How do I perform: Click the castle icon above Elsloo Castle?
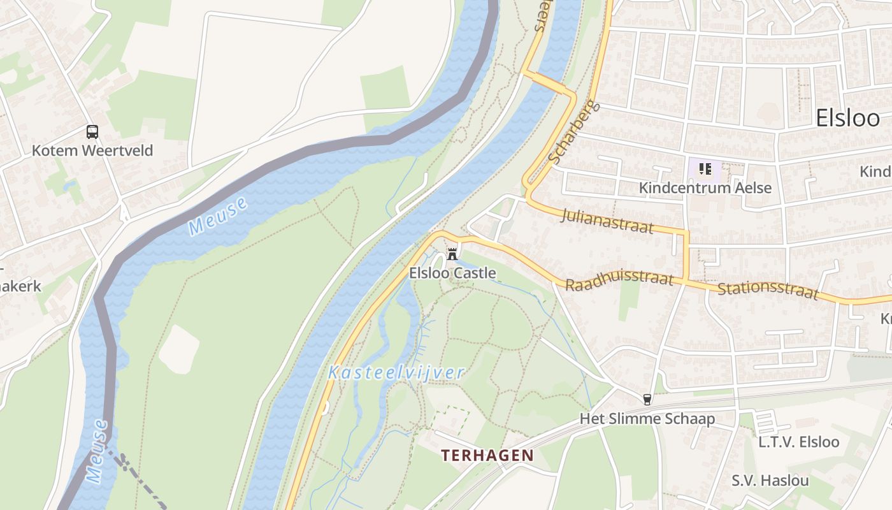pyautogui.click(x=452, y=253)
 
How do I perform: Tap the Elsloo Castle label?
pyautogui.click(x=452, y=273)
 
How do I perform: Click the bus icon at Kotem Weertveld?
pyautogui.click(x=92, y=132)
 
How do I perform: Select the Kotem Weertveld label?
pyautogui.click(x=92, y=151)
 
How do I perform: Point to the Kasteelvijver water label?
pyautogui.click(x=396, y=373)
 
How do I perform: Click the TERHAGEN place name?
pyautogui.click(x=487, y=455)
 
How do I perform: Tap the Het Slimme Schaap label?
pyautogui.click(x=647, y=419)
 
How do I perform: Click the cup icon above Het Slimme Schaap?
pyautogui.click(x=647, y=400)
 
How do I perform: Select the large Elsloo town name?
pyautogui.click(x=847, y=119)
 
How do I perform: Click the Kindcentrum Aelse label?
pyautogui.click(x=705, y=188)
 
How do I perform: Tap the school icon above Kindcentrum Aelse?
pyautogui.click(x=705, y=169)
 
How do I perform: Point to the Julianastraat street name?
pyautogui.click(x=607, y=221)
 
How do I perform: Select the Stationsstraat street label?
pyautogui.click(x=768, y=290)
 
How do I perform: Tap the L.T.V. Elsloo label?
pyautogui.click(x=798, y=442)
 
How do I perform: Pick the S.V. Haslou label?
pyautogui.click(x=770, y=480)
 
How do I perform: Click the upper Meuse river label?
pyautogui.click(x=218, y=217)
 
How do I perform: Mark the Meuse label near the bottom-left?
pyautogui.click(x=97, y=451)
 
